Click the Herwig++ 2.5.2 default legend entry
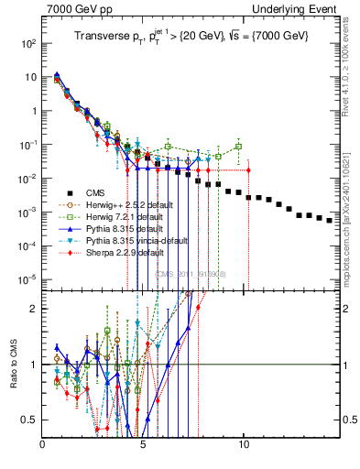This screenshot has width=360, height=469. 135,205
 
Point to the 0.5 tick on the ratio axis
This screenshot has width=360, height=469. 30,420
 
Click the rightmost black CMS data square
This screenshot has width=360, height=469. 330,220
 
